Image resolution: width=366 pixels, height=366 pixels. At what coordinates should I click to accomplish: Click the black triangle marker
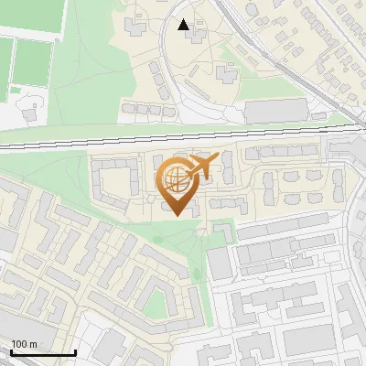tap(184, 25)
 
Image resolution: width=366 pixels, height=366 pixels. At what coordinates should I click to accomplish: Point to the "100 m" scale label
tap(24, 344)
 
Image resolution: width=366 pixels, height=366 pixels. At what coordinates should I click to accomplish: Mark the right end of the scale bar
tap(75, 352)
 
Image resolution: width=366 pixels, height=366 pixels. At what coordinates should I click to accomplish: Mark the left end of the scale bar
tap(10, 352)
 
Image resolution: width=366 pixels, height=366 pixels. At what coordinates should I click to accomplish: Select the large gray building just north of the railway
tap(274, 112)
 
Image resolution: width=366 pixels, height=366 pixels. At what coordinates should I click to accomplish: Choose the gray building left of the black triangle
tap(135, 26)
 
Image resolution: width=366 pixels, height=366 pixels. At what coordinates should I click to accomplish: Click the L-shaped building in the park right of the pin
tap(222, 231)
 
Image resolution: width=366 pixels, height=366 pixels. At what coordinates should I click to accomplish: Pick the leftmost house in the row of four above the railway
tap(128, 108)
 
